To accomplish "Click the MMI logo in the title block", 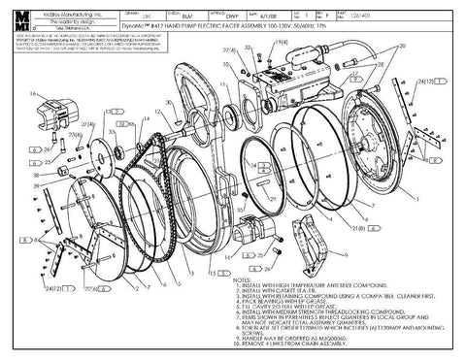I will pyautogui.click(x=20, y=22).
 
